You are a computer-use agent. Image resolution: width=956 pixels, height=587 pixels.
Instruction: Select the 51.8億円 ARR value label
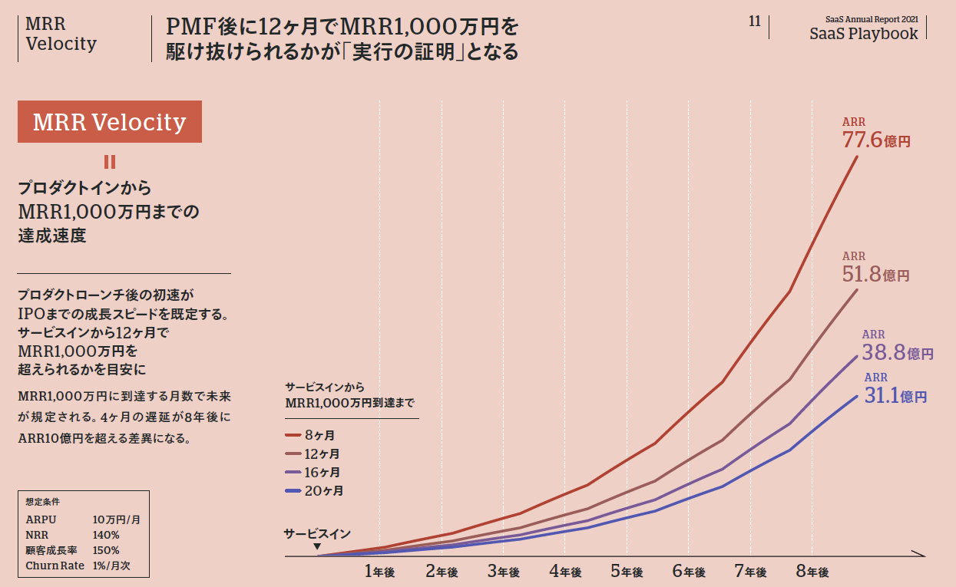[x=875, y=273]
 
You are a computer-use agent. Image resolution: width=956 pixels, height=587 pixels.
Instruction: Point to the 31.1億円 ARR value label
[x=895, y=396]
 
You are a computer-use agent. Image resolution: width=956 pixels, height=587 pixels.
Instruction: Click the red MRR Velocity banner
[x=110, y=121]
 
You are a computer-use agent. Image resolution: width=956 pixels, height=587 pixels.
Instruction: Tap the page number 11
[x=755, y=21]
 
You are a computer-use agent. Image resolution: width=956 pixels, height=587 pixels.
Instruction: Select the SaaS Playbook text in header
[x=863, y=33]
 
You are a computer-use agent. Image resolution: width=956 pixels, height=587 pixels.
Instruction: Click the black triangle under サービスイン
[x=317, y=546]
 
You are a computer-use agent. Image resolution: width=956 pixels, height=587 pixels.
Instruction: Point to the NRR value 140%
[x=106, y=535]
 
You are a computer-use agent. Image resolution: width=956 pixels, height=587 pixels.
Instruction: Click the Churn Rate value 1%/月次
[x=116, y=566]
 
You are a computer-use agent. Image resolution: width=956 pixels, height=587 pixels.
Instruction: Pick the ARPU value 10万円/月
[x=116, y=519]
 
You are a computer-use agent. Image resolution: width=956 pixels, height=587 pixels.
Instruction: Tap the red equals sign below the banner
[x=110, y=162]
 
